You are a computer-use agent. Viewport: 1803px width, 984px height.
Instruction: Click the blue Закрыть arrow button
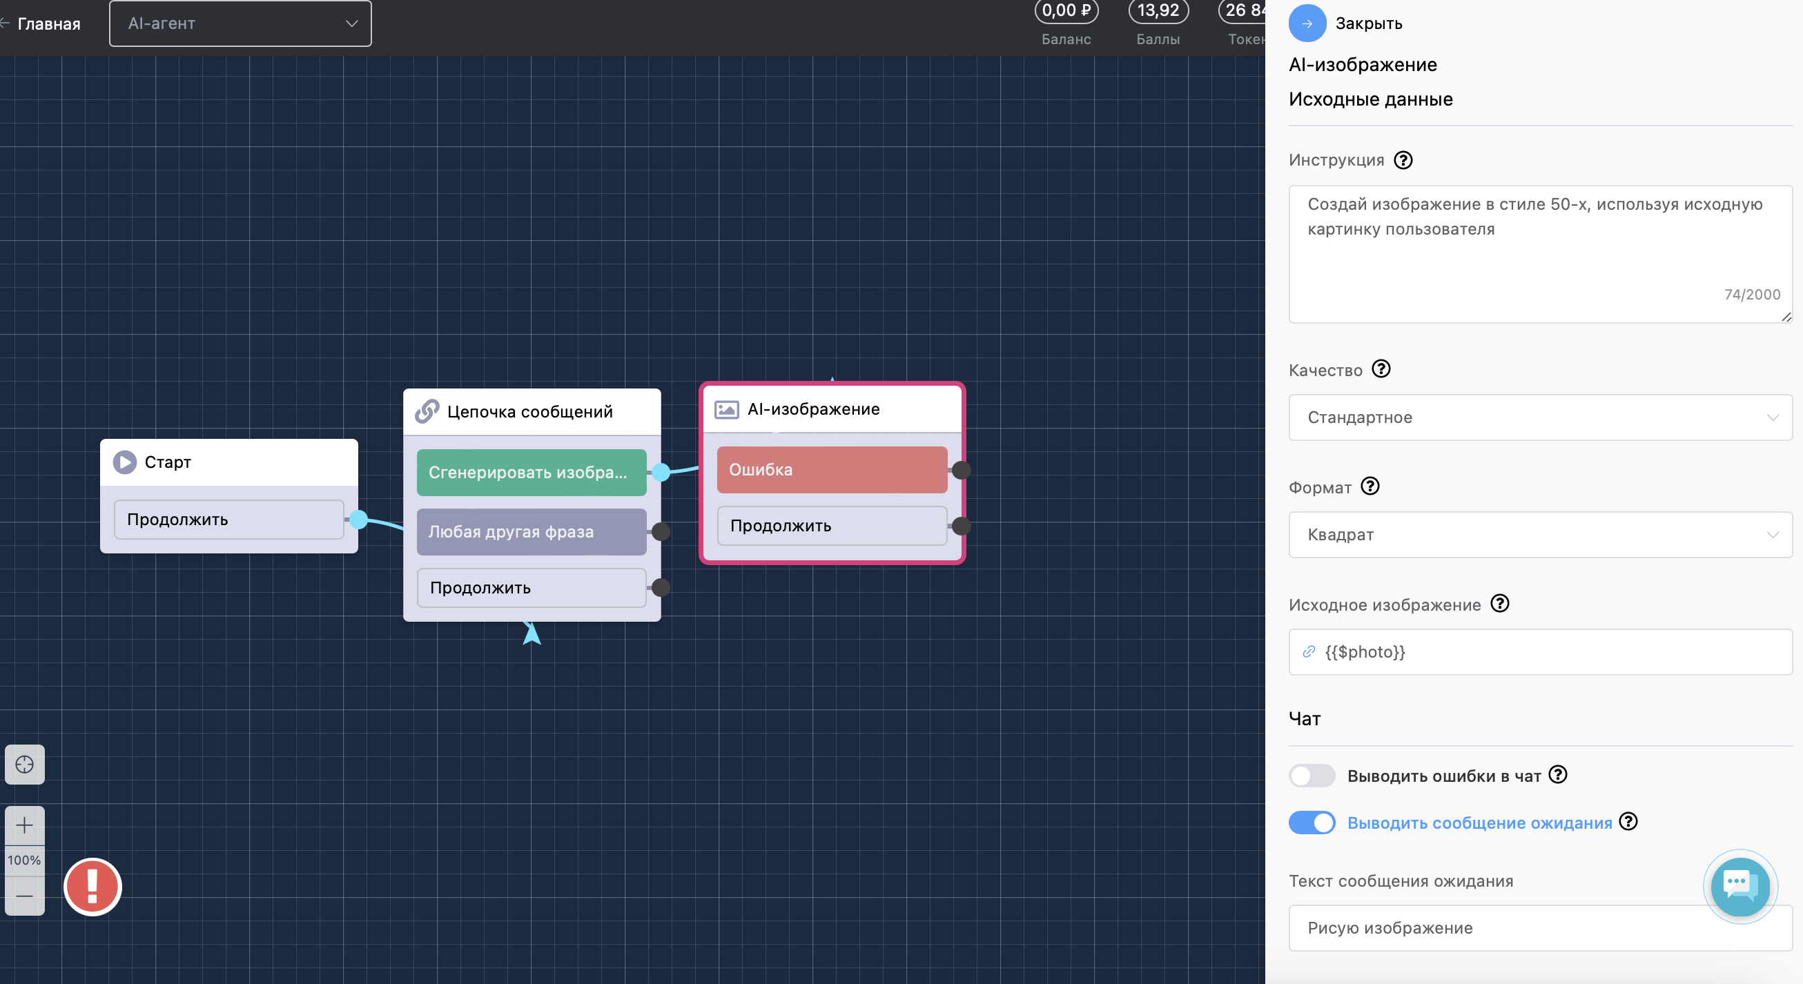pyautogui.click(x=1307, y=23)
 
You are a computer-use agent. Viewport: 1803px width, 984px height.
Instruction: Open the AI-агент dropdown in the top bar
pyautogui.click(x=240, y=23)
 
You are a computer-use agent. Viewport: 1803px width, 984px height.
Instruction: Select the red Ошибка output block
pyautogui.click(x=832, y=470)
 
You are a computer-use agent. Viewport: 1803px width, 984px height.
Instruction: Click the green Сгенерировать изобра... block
pyautogui.click(x=532, y=473)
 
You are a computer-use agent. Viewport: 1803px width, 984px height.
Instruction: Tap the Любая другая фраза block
pyautogui.click(x=532, y=532)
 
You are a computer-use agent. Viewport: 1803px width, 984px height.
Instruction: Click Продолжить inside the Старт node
pyautogui.click(x=229, y=520)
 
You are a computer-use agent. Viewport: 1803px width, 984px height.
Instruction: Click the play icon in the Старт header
pyautogui.click(x=124, y=462)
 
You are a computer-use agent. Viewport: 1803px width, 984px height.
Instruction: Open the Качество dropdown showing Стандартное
pyautogui.click(x=1540, y=417)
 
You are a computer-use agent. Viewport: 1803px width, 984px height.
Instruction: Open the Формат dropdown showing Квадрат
pyautogui.click(x=1540, y=535)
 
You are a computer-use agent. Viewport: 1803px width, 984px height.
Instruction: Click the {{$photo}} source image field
pyautogui.click(x=1540, y=651)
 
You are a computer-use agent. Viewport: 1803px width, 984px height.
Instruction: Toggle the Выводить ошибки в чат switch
pyautogui.click(x=1312, y=776)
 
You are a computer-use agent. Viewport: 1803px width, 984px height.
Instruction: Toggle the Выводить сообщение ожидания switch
pyautogui.click(x=1312, y=823)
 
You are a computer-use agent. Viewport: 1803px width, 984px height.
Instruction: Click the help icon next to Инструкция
pyautogui.click(x=1403, y=160)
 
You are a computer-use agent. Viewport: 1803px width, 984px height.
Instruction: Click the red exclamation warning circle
pyautogui.click(x=92, y=887)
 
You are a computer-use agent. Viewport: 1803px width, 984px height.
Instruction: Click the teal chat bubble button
pyautogui.click(x=1740, y=887)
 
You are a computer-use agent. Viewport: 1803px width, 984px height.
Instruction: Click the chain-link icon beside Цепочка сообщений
pyautogui.click(x=427, y=411)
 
